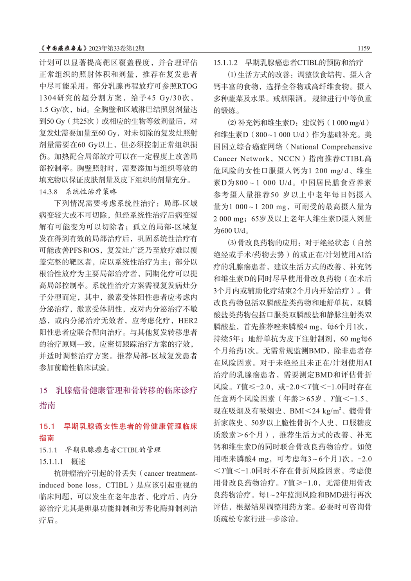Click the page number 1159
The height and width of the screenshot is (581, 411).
(363, 48)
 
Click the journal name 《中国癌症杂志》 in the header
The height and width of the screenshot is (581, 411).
(63, 48)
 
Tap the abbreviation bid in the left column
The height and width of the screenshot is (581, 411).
(82, 110)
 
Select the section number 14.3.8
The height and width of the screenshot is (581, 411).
(49, 192)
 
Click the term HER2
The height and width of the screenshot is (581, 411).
(188, 321)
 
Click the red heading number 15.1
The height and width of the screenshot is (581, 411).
(47, 426)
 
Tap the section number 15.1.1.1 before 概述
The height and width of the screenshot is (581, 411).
(51, 462)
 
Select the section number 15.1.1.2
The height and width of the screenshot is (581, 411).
(225, 63)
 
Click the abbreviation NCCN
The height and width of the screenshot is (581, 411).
(288, 159)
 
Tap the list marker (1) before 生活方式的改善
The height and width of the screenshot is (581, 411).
(232, 75)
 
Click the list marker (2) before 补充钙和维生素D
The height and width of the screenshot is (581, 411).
(232, 123)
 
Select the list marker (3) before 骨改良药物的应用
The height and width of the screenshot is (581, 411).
(232, 243)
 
